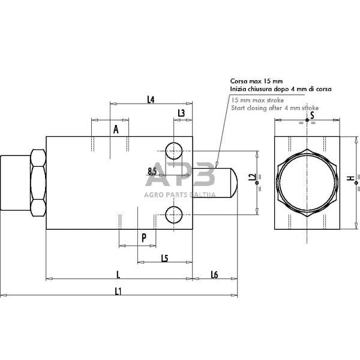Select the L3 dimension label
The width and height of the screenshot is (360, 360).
181,113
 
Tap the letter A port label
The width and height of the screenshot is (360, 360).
116,128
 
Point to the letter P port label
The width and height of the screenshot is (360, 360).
144,238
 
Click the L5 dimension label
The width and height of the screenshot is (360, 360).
164,258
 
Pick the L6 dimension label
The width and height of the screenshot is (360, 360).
214,274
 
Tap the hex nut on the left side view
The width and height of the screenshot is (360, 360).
37,183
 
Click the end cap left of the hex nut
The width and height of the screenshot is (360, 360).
14,183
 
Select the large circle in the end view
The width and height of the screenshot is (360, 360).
307,182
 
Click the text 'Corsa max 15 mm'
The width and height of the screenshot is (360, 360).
257,80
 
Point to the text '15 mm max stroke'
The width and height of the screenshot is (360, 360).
258,100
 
